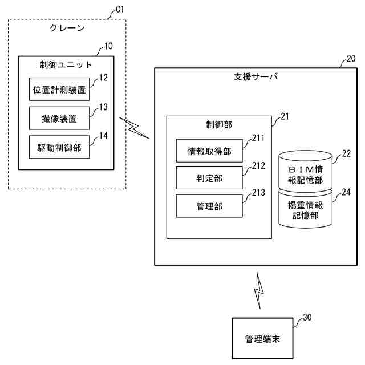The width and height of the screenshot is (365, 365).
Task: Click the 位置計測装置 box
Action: pyautogui.click(x=59, y=89)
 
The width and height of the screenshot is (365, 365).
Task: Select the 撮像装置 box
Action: pyautogui.click(x=59, y=119)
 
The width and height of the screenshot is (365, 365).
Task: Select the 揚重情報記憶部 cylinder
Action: pyautogui.click(x=306, y=210)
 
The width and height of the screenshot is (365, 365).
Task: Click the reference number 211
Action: pyautogui.click(x=258, y=137)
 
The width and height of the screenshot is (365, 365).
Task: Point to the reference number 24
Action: pyautogui.click(x=345, y=192)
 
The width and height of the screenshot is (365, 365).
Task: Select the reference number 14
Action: pyautogui.click(x=104, y=135)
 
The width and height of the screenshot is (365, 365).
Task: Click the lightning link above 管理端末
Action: pyautogui.click(x=259, y=290)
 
